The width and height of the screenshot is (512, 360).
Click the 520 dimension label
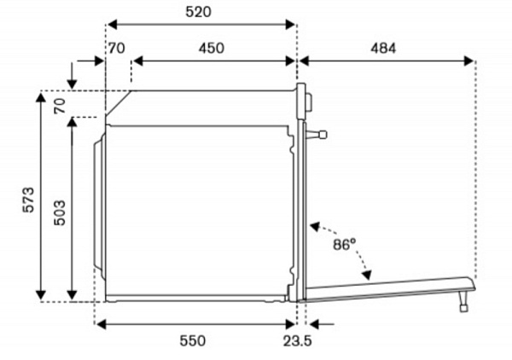[199, 12]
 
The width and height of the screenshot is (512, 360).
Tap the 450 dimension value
[212, 49]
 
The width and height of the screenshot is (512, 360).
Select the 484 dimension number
[383, 49]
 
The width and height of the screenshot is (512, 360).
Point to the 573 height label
[28, 200]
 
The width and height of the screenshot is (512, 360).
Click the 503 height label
[60, 212]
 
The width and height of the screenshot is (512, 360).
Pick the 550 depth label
[193, 341]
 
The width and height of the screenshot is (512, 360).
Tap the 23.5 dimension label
[298, 341]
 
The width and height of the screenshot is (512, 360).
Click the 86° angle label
[345, 244]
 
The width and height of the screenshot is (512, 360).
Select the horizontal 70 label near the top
[117, 49]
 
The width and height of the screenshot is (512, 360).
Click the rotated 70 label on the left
[60, 106]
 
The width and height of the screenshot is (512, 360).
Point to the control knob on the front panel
[309, 102]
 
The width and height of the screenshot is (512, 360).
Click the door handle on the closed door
[316, 135]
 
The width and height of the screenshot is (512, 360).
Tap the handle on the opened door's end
[463, 301]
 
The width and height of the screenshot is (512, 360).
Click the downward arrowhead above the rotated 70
[72, 84]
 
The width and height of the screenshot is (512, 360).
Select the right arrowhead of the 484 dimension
[468, 61]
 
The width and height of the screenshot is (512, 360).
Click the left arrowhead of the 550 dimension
[102, 324]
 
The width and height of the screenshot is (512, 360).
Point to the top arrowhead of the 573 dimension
[41, 97]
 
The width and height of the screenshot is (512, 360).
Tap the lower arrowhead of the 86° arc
[367, 276]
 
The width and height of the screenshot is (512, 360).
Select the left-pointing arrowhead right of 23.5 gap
[314, 324]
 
